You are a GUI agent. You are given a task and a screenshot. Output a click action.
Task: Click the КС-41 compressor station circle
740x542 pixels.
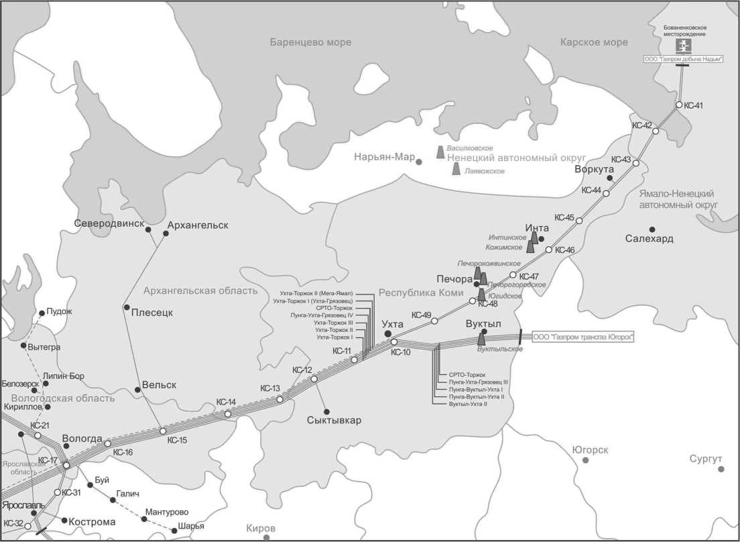(679, 105)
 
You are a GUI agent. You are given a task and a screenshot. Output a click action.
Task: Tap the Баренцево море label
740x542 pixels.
(310, 42)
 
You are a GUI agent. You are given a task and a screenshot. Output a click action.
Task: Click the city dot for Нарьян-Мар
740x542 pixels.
(419, 162)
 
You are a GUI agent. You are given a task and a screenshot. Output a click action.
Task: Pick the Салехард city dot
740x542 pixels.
(652, 229)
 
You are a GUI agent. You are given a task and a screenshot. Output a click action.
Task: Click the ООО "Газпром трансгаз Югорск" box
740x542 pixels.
(583, 337)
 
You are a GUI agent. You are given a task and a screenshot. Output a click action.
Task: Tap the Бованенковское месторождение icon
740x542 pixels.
(682, 46)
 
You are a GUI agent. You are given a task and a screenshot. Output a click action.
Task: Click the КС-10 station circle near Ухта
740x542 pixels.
(394, 342)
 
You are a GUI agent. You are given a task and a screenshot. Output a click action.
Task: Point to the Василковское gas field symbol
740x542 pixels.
(440, 152)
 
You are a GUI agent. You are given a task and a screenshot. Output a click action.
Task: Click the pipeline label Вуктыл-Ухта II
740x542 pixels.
(468, 404)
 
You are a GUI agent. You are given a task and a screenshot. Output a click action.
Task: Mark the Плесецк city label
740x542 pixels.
(152, 312)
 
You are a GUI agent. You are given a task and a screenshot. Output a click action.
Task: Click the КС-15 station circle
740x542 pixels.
(163, 431)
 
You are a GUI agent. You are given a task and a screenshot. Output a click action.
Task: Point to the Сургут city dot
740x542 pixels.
(721, 469)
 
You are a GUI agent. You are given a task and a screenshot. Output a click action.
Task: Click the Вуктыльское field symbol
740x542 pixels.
(481, 340)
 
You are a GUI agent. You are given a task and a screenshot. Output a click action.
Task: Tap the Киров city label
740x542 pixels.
(261, 528)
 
